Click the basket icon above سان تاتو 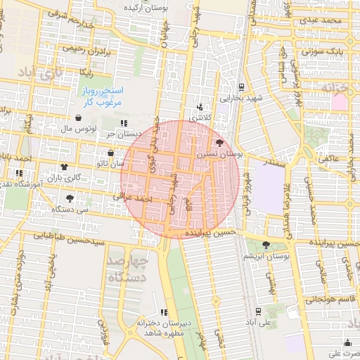[110, 153]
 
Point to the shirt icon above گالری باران [65, 167]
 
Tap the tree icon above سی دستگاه [69, 198]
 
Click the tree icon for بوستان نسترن [220, 142]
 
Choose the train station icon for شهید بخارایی [241, 88]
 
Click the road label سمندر [256, 162]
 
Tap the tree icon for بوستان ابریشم [266, 245]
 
